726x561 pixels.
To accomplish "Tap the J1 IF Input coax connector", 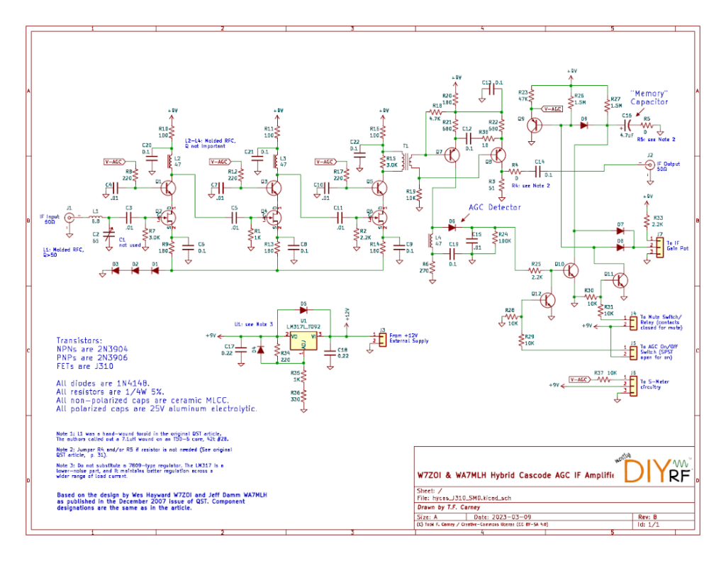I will [69, 218].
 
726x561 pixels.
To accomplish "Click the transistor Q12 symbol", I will [547, 300].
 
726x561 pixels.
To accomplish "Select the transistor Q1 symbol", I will [169, 188].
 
